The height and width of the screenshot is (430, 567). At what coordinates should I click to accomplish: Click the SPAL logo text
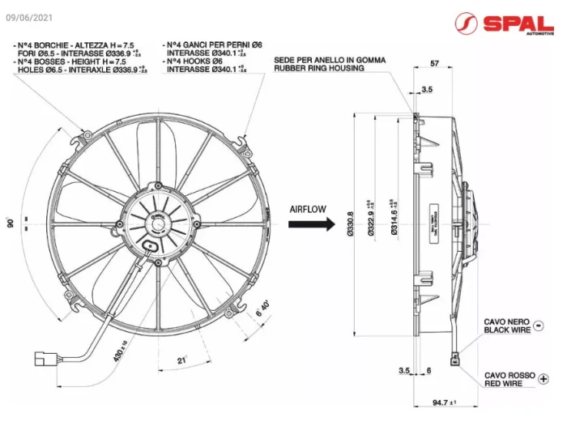pos(518,23)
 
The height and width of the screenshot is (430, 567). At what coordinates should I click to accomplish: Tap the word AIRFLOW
pos(308,209)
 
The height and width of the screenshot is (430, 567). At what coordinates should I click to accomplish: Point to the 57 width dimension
pos(434,63)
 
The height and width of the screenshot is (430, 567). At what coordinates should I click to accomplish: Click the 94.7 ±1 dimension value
pos(442,402)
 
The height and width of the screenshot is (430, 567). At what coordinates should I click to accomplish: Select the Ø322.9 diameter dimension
pos(372,219)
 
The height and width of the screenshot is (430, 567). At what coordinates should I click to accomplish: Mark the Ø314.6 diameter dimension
pos(394,219)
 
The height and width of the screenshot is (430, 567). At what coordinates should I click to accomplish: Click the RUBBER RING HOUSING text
pos(318,69)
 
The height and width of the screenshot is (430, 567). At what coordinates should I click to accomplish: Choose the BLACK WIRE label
pos(507,330)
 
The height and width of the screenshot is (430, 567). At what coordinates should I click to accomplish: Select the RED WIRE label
pos(505,384)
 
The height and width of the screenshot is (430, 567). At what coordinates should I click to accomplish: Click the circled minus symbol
pos(539,326)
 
